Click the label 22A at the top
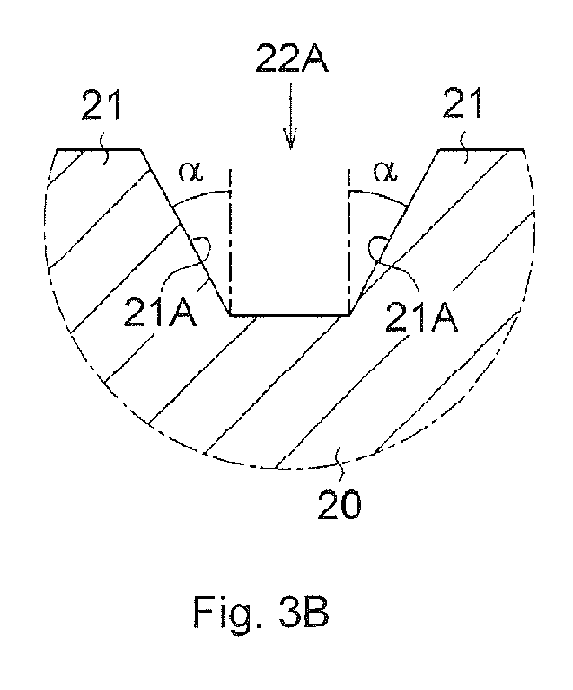[291, 57]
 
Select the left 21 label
[101, 104]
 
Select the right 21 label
[463, 102]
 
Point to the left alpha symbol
[191, 172]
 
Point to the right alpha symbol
[385, 172]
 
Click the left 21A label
[160, 312]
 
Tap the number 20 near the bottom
[339, 505]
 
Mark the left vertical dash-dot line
[229, 241]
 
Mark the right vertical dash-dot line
[348, 241]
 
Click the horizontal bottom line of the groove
[289, 315]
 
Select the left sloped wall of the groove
[185, 233]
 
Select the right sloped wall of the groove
[394, 233]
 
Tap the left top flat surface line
[99, 150]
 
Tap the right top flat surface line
[481, 150]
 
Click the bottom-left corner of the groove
[230, 315]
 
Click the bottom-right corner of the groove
[349, 315]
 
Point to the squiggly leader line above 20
[339, 462]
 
